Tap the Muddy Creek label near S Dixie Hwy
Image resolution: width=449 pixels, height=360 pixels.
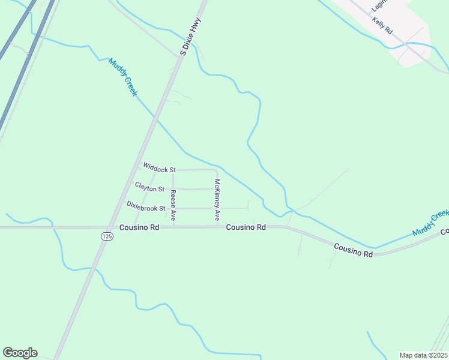[123, 77]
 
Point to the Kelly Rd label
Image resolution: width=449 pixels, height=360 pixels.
[382, 25]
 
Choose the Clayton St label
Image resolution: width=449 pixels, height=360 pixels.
[149, 188]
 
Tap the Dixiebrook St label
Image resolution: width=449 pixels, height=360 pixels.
[146, 208]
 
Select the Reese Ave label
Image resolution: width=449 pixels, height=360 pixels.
[173, 206]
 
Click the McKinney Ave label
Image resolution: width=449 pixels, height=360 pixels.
[217, 200]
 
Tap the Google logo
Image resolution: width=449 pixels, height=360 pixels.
[20, 353]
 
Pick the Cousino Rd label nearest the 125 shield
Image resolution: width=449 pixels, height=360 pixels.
[139, 227]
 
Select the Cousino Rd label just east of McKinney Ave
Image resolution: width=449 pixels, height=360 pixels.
[246, 227]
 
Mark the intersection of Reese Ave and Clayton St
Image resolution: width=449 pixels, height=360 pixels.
[173, 188]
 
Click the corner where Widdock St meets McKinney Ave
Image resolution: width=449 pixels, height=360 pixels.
[216, 170]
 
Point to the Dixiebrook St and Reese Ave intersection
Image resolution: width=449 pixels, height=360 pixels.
[173, 208]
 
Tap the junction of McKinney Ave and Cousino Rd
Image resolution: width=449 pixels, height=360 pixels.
[217, 227]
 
